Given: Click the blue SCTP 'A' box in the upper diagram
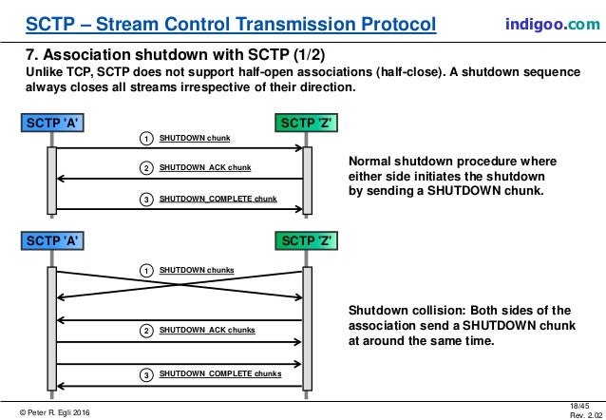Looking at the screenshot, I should click(x=50, y=123).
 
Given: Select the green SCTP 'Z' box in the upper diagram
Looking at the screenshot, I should click(x=304, y=123).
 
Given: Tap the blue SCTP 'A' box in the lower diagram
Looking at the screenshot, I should click(x=50, y=242).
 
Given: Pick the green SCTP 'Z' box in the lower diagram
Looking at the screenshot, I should click(x=304, y=242).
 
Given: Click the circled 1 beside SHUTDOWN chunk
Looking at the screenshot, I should click(x=146, y=139).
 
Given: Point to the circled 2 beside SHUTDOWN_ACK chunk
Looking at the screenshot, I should click(x=146, y=168).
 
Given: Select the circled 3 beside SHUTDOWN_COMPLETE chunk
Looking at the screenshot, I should click(x=146, y=199).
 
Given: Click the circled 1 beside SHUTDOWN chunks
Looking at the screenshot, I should click(x=146, y=271).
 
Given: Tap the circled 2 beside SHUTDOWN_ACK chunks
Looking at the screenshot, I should click(x=146, y=331).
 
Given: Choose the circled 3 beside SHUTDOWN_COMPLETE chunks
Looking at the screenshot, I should click(x=146, y=374).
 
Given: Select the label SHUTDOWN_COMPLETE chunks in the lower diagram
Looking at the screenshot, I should click(x=220, y=374).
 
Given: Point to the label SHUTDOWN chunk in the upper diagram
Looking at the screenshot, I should click(x=195, y=139).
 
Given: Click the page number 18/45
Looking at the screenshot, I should click(x=578, y=404).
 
